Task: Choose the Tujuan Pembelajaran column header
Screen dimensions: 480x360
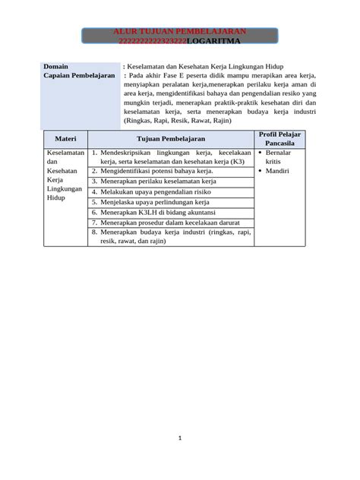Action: [170, 139]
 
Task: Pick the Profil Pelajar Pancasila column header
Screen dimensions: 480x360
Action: [279, 139]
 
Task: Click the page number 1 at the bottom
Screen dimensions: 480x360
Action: [180, 437]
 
